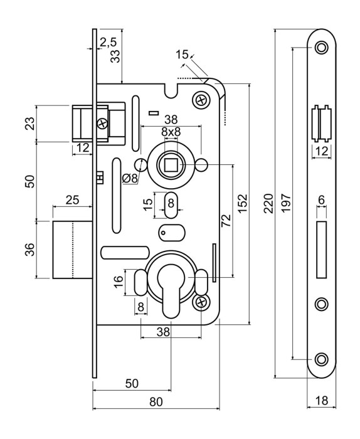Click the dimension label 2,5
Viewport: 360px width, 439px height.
click(108, 42)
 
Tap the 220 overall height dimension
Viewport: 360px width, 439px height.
click(269, 204)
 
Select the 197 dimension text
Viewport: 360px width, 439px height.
click(287, 204)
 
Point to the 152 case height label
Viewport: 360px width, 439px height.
click(243, 204)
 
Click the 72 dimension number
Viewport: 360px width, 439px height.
click(226, 220)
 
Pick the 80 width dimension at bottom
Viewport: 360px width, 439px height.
click(156, 402)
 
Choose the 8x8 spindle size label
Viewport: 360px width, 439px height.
click(171, 132)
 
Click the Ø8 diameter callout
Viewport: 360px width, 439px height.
click(130, 178)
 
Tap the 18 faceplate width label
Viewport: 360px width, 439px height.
click(321, 400)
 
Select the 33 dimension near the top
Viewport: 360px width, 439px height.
click(115, 56)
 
